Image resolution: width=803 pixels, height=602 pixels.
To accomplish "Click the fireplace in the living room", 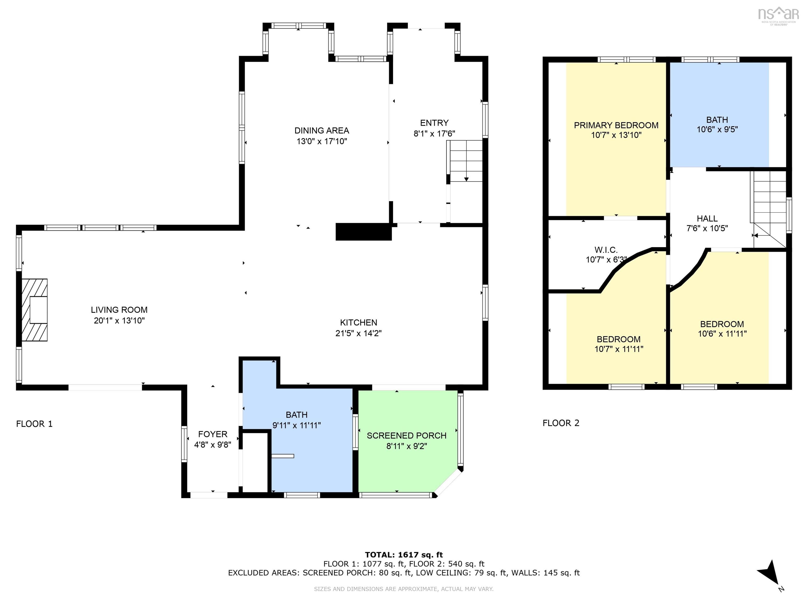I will coord(35,310).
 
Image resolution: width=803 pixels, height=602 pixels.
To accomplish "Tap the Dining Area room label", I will coord(322,131).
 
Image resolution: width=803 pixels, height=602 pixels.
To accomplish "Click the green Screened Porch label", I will coord(406,436).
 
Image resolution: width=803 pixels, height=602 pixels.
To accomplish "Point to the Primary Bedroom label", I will coord(616,125).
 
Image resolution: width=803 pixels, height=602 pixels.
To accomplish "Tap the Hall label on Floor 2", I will coord(707,218).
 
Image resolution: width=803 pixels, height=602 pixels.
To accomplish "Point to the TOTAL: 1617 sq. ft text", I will coord(404,554).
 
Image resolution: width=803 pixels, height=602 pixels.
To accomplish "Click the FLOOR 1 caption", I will coord(35,424).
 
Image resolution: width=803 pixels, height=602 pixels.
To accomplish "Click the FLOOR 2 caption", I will coord(561,423).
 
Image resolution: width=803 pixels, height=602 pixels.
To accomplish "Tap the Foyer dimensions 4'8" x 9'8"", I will coord(213,444).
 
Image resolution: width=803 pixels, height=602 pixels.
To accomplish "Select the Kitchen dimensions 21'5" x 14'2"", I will coord(358,333).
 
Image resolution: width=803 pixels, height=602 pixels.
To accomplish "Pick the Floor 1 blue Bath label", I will coord(297,414).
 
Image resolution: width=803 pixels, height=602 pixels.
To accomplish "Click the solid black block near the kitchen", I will coord(363,231).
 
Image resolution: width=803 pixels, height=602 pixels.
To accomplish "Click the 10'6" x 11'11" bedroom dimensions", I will coord(722,333).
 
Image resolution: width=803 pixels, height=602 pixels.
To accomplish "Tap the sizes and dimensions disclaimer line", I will coord(404,589).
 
